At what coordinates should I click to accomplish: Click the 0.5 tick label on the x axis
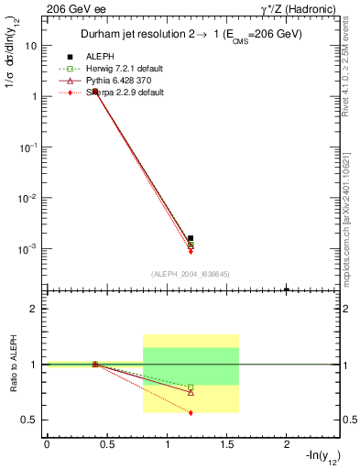coord(106,444)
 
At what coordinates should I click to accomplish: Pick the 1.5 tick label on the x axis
coord(226,444)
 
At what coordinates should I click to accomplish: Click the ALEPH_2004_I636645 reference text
coord(190,273)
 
